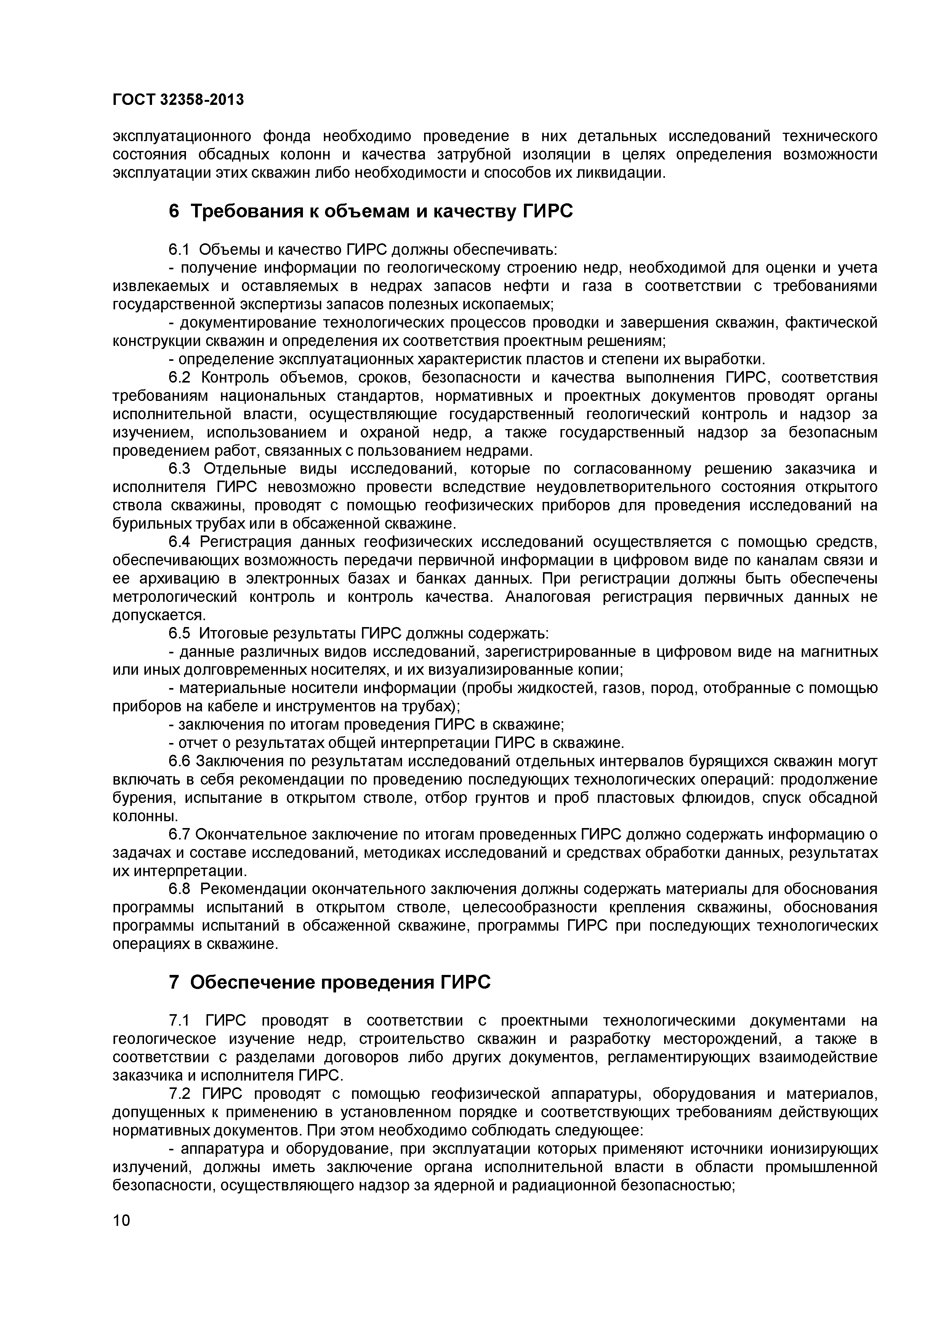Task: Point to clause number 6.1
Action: tap(179, 249)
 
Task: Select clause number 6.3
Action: tap(180, 469)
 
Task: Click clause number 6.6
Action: tap(179, 761)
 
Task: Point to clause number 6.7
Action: tap(179, 835)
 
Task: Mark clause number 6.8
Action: tap(180, 889)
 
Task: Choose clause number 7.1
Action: tap(179, 1020)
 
